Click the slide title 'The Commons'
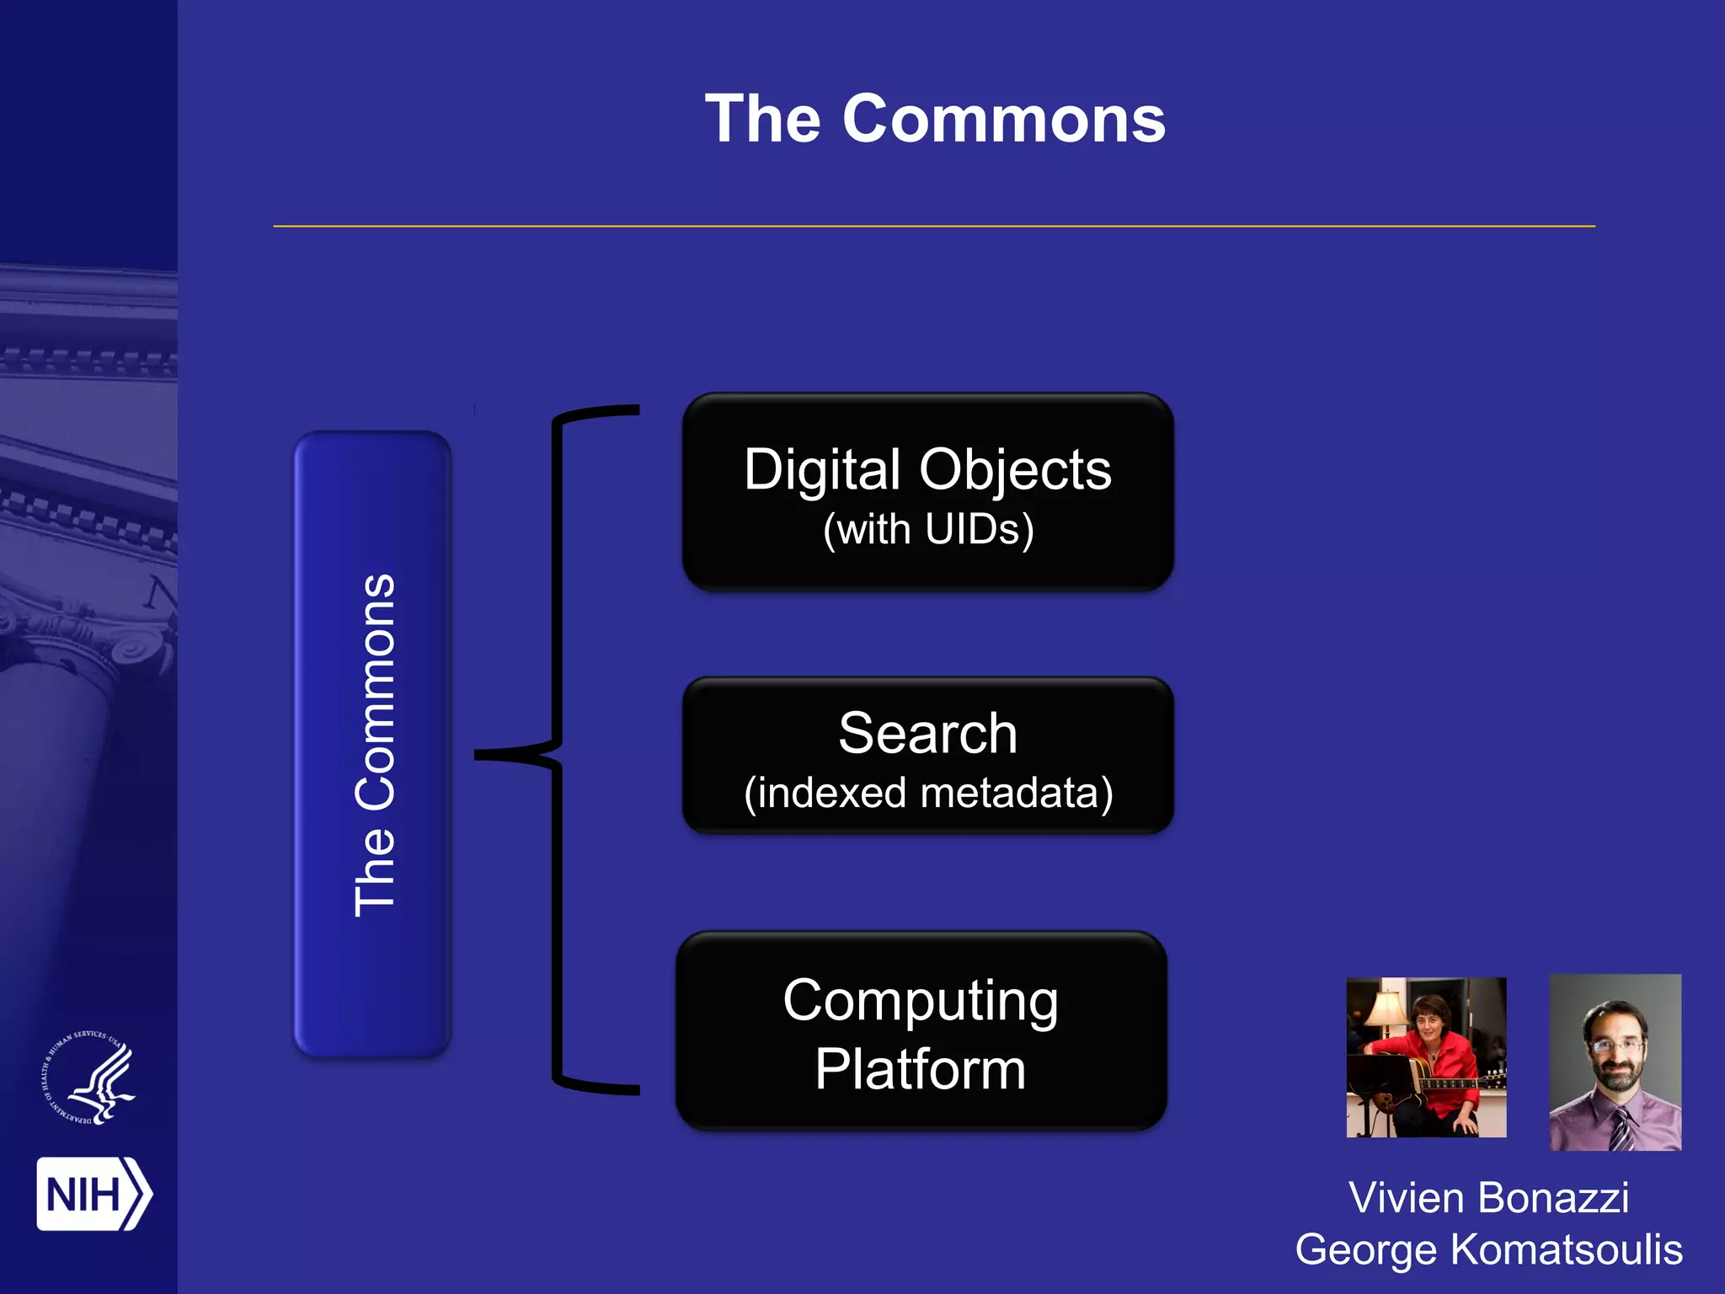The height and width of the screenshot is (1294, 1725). pos(935,120)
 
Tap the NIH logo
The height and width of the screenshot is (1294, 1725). pos(93,1194)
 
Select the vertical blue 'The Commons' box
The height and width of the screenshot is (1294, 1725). pos(372,745)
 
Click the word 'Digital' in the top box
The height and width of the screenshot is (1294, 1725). pos(822,469)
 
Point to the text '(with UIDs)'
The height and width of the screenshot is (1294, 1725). pos(928,530)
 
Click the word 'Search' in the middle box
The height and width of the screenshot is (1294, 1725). pos(927,733)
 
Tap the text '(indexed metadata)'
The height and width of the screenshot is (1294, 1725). pos(928,794)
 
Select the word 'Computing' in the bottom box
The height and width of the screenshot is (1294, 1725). pos(921,1001)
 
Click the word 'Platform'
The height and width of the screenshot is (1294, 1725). pos(921,1070)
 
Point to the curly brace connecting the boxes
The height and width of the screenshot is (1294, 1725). pos(556,750)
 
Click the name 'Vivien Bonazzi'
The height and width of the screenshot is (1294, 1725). pos(1488,1197)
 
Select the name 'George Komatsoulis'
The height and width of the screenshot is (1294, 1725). pos(1488,1249)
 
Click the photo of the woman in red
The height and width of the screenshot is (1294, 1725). pos(1426,1056)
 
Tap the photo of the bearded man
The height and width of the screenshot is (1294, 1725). pos(1615,1061)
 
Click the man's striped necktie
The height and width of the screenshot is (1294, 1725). pos(1621,1130)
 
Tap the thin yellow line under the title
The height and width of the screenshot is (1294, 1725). pos(933,226)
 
